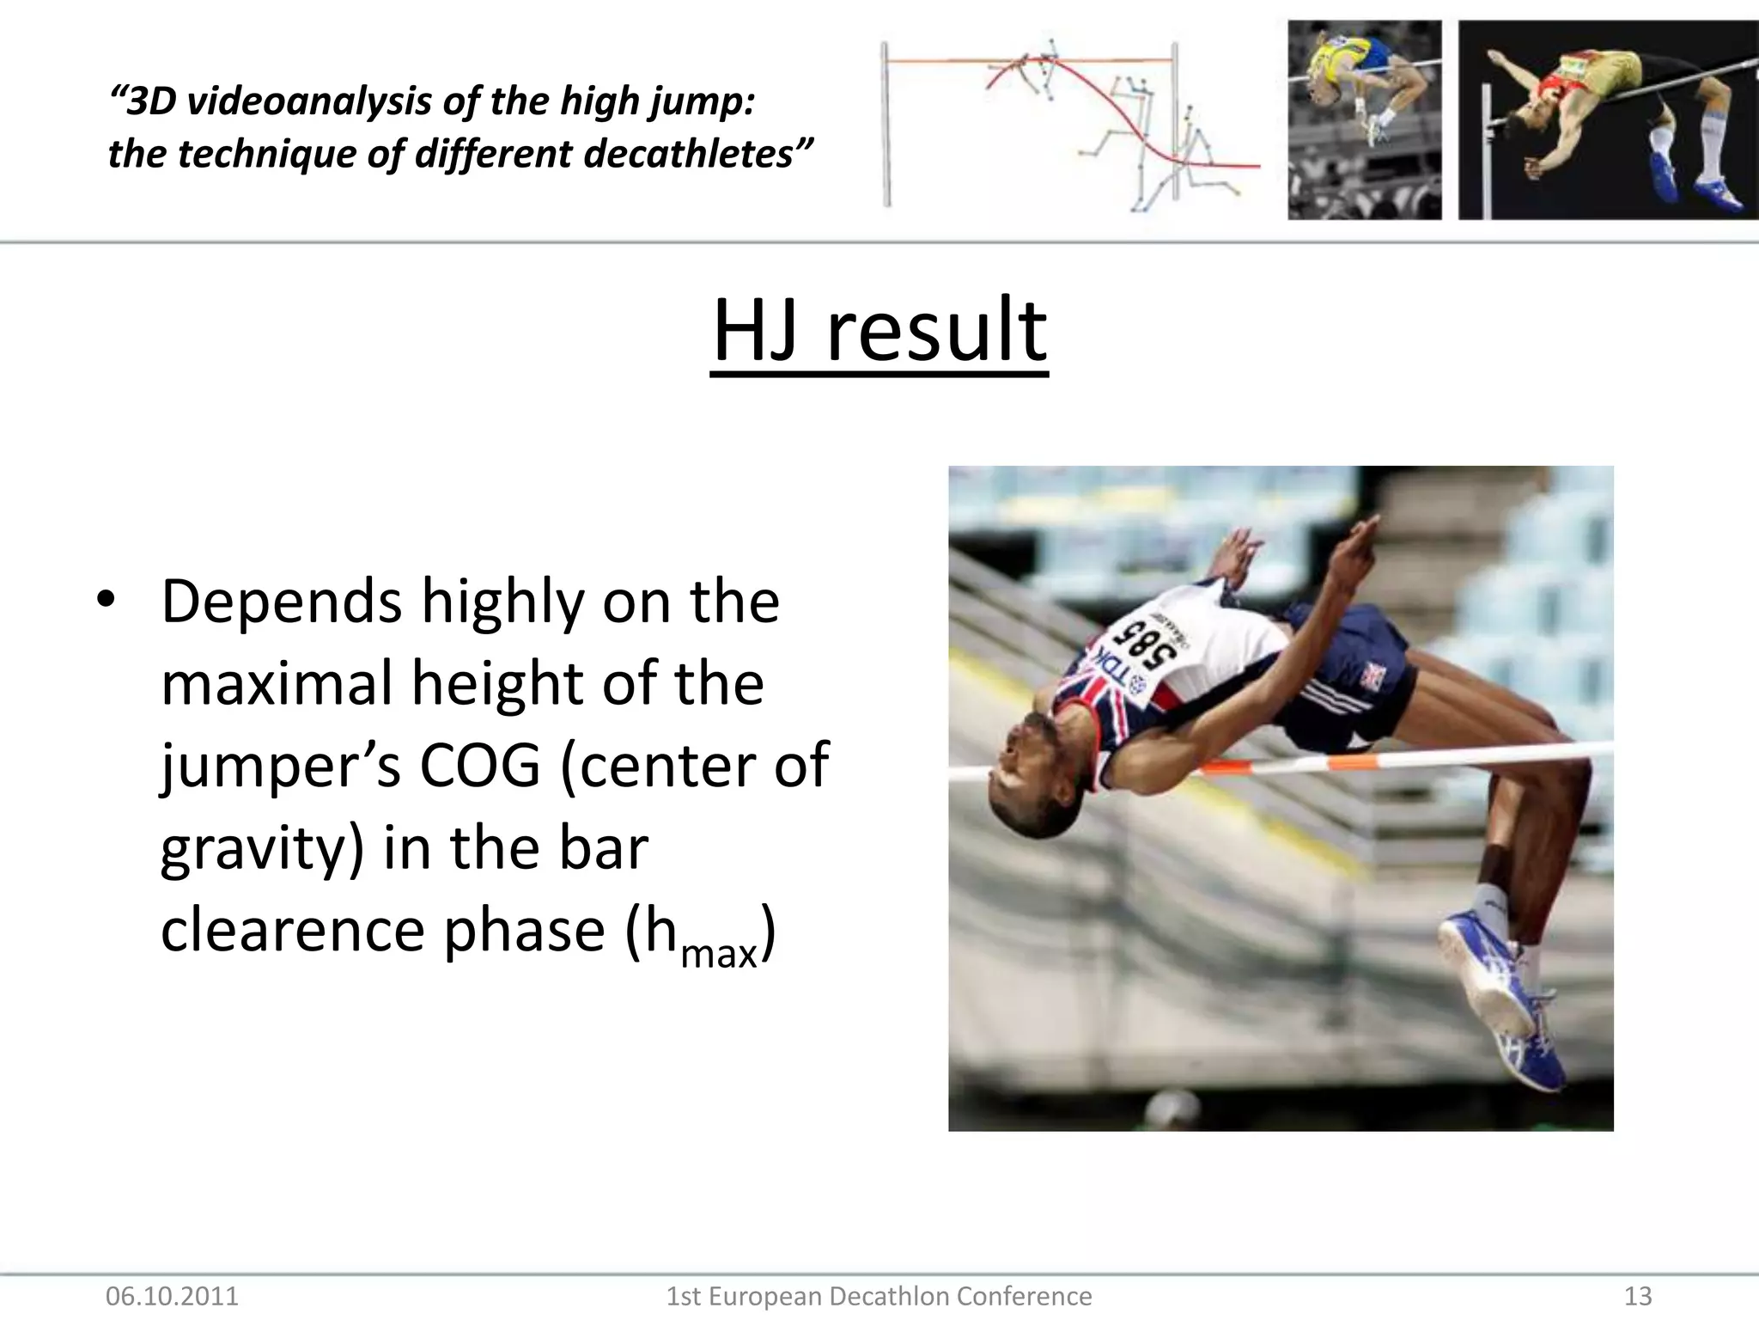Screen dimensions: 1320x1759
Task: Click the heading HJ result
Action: (x=879, y=331)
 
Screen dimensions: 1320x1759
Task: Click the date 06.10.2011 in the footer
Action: (x=172, y=1295)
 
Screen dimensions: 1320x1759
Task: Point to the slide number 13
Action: (x=1638, y=1295)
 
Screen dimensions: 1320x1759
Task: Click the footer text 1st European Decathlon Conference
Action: (x=879, y=1295)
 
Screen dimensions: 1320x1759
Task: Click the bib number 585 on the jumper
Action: (x=1145, y=645)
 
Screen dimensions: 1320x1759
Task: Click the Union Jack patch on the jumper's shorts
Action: (x=1371, y=677)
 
